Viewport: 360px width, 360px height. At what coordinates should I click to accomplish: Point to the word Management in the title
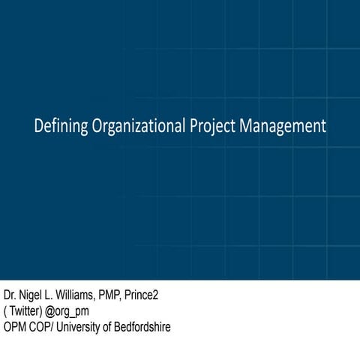coord(283,127)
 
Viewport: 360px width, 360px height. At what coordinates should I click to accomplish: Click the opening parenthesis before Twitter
coord(5,311)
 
